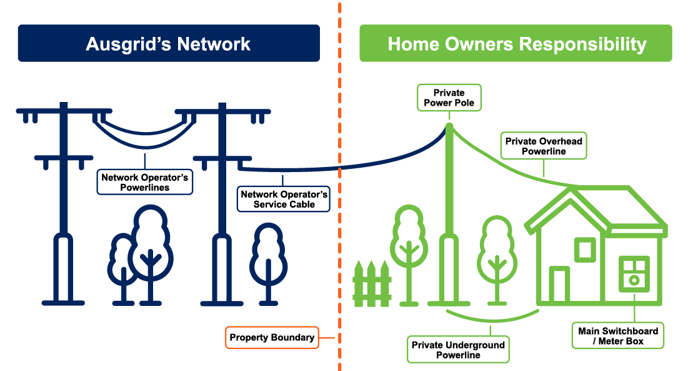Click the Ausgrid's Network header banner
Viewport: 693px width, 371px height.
click(x=168, y=43)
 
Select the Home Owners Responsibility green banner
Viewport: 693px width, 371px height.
click(x=516, y=43)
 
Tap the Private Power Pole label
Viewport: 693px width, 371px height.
click(x=449, y=98)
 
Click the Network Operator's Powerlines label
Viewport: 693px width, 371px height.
click(x=145, y=181)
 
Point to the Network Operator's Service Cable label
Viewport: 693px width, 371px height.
click(x=284, y=199)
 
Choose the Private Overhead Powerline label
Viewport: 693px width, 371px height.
click(x=543, y=146)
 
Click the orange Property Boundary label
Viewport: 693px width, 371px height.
click(x=272, y=338)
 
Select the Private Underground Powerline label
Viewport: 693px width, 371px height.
click(x=458, y=350)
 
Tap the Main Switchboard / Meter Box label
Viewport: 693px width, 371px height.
click(x=618, y=336)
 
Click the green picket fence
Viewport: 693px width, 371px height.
click(x=372, y=285)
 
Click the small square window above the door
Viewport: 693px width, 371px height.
click(x=585, y=250)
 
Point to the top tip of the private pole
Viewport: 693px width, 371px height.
click(x=449, y=126)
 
